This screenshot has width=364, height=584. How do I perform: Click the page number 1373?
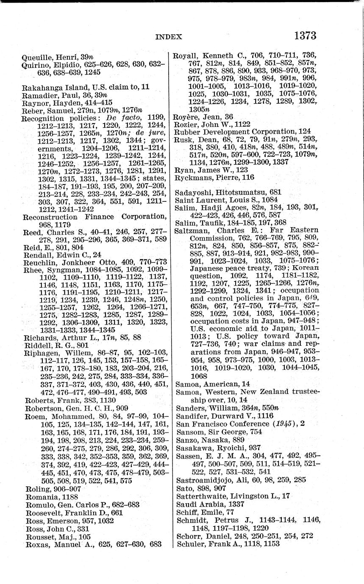305,36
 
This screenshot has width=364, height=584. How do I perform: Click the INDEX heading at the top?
169,37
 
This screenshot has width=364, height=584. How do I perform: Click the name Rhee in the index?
33,269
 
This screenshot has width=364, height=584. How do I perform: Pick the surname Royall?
188,55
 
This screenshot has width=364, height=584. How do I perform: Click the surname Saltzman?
192,231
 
